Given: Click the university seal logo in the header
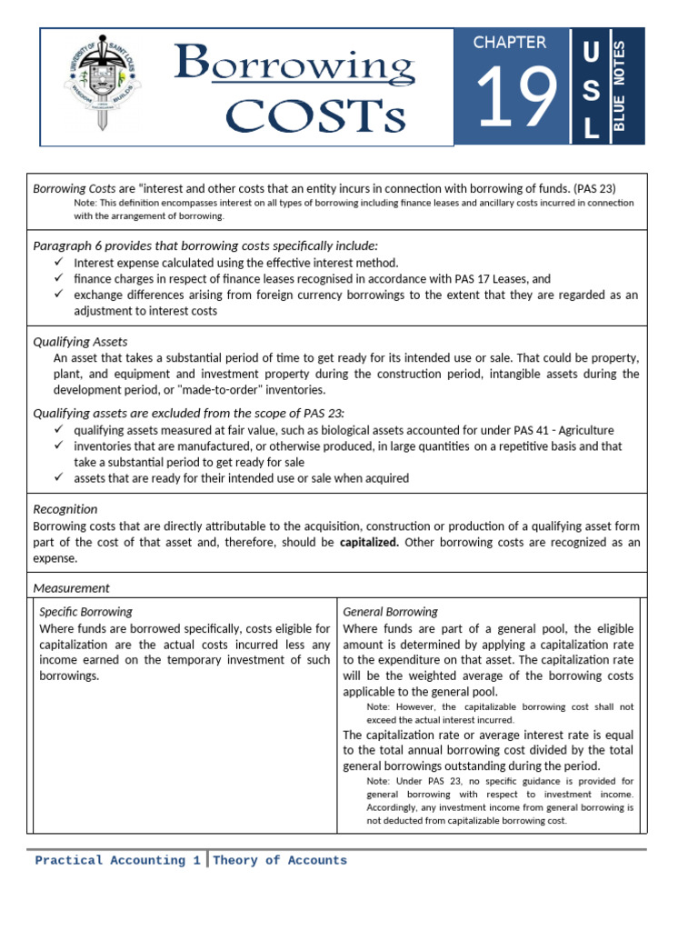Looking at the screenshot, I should point(102,87).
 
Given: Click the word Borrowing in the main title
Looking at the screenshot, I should point(294,65).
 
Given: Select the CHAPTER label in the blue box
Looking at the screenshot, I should point(510,43).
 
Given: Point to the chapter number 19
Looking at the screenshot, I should point(515,98).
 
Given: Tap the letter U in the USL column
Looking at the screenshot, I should point(590,54).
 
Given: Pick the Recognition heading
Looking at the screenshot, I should point(65,509).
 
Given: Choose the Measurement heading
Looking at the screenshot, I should point(71,587).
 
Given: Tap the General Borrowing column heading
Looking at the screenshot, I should point(390,612).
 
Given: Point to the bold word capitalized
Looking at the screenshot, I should point(369,542).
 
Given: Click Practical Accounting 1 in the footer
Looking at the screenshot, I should point(117,860).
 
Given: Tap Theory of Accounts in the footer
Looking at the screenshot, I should point(280,860).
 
